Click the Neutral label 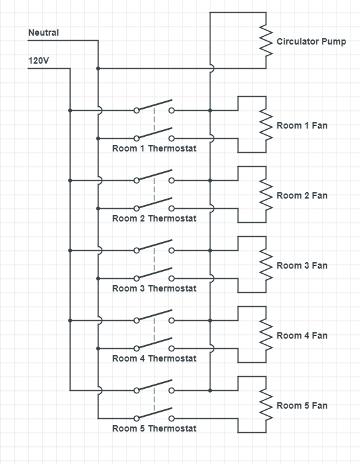tap(43, 32)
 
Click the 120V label tap(38, 60)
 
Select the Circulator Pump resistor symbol tap(266, 41)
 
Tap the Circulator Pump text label tap(311, 41)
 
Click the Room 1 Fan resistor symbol tap(266, 125)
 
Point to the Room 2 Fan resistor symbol tap(266, 195)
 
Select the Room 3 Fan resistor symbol tap(266, 265)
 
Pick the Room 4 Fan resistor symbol tap(266, 335)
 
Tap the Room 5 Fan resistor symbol tap(266, 405)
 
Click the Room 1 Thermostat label tap(154, 148)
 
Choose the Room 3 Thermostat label tap(154, 288)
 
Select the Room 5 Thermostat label tap(154, 428)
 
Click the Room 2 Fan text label tap(302, 195)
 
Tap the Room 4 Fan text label tap(302, 335)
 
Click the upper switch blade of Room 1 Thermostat tap(154, 105)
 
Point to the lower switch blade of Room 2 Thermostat tap(154, 203)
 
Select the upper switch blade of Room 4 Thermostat tap(154, 315)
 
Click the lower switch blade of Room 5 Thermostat tap(154, 413)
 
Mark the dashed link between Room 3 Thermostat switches tap(154, 259)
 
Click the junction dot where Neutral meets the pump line tap(98, 69)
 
